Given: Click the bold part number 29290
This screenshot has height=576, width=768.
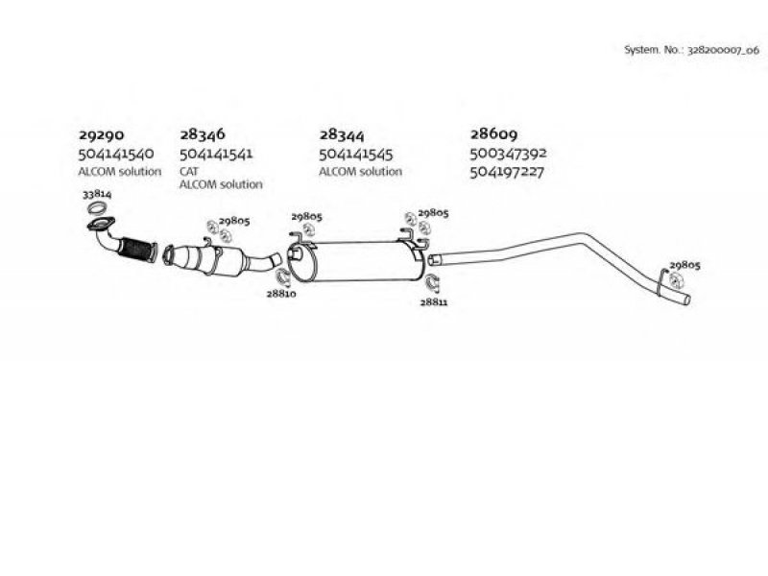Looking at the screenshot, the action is click(x=102, y=134).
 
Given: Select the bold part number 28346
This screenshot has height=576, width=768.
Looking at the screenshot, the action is click(x=203, y=134).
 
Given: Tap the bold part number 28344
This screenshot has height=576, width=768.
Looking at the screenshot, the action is click(x=342, y=134).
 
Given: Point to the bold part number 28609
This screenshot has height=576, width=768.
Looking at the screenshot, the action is click(x=493, y=133).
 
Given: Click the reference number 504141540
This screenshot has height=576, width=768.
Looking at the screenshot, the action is click(x=116, y=154).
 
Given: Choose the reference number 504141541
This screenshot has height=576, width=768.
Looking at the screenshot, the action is click(x=216, y=154).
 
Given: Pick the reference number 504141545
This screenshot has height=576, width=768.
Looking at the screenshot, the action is click(x=356, y=155).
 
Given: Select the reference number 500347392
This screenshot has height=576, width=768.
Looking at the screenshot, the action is click(x=509, y=154).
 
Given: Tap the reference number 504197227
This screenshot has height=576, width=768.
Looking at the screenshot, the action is click(x=507, y=173).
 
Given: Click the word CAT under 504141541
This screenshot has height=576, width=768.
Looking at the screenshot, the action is click(x=188, y=172).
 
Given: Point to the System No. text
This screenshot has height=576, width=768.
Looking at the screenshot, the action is click(x=691, y=50).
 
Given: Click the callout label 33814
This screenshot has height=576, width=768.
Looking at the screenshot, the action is click(x=97, y=194).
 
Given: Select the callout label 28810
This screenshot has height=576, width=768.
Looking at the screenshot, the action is click(x=281, y=294).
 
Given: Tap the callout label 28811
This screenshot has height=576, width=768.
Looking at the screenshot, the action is click(x=434, y=301).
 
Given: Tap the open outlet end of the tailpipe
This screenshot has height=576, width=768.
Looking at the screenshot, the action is click(x=687, y=300).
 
